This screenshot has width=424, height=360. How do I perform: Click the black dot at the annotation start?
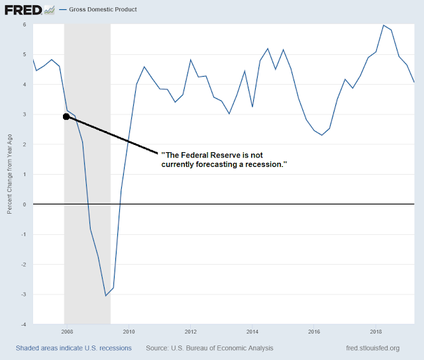click(66, 116)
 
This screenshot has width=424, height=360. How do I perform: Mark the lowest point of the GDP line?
click(105, 295)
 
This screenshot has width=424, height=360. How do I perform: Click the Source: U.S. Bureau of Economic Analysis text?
click(209, 348)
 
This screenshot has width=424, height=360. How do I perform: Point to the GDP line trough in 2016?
click(321, 135)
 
